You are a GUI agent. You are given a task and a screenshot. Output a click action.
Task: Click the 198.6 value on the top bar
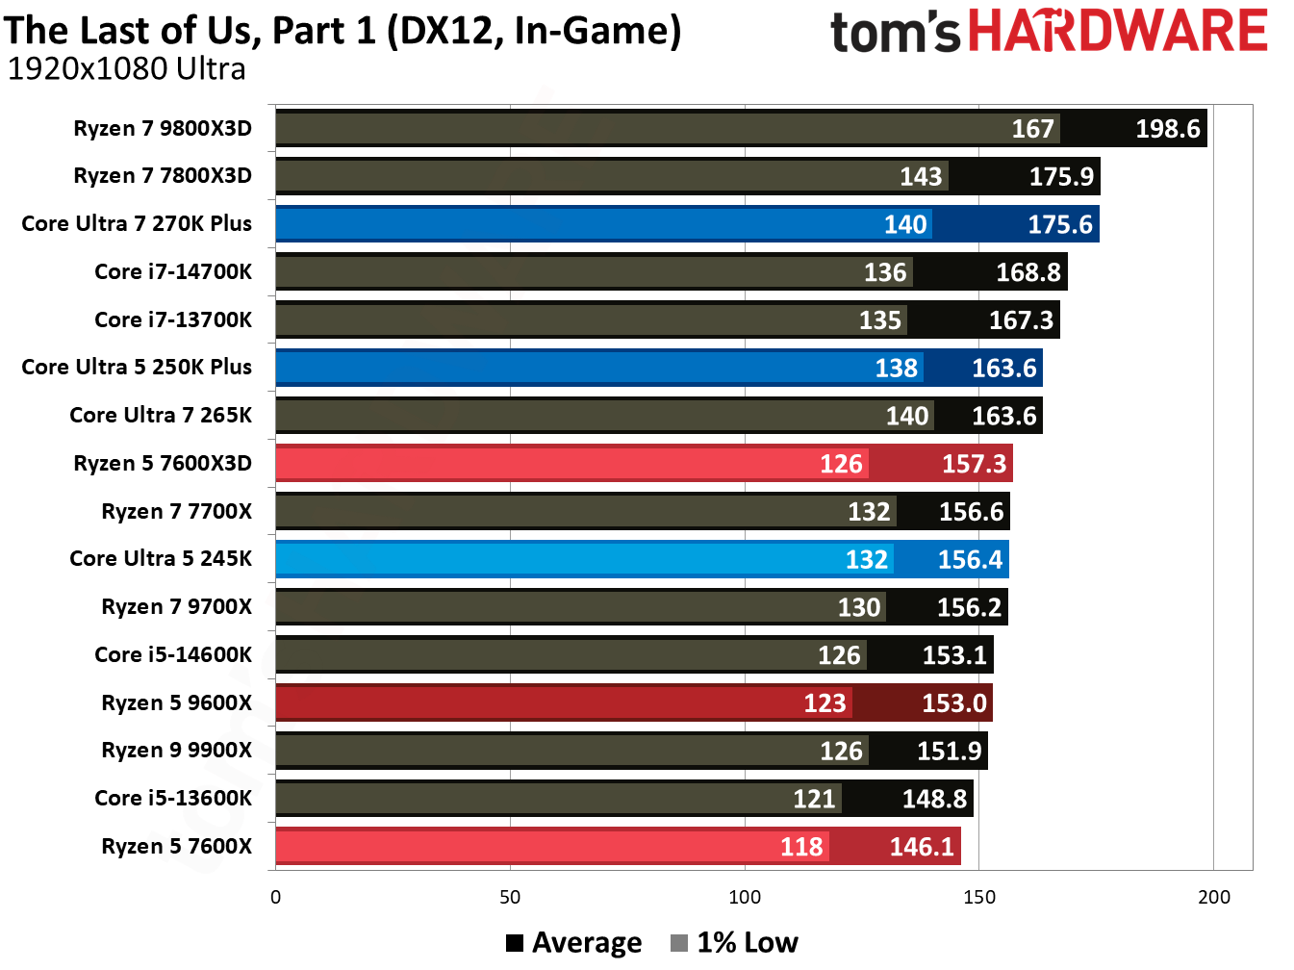[x=1167, y=129]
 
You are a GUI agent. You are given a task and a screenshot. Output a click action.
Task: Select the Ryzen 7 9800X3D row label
[x=163, y=129]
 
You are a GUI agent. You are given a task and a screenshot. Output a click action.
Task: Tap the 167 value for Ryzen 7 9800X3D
[x=1032, y=129]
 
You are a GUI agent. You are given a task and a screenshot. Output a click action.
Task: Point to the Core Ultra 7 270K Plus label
[x=137, y=224]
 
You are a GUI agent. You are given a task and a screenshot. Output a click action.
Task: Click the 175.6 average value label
[x=1059, y=224]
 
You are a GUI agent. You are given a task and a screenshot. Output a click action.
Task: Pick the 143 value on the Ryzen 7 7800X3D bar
[x=921, y=177]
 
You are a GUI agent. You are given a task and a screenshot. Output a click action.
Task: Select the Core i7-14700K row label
[x=173, y=272]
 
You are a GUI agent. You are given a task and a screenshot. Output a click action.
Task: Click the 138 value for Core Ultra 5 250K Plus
[x=896, y=369]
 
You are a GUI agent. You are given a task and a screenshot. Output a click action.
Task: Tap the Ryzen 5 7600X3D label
[x=163, y=464]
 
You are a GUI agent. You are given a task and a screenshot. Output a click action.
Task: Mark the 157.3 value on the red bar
[x=974, y=464]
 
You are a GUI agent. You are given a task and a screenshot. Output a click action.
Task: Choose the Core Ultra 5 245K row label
[x=161, y=559]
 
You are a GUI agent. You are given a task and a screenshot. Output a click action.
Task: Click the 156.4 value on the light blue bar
[x=970, y=560]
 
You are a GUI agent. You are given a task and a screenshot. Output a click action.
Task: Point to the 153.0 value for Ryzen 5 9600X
[x=953, y=703]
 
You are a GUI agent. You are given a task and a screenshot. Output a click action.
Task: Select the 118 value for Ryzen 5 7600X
[x=801, y=847]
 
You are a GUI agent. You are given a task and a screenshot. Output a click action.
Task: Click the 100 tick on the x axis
[x=745, y=898]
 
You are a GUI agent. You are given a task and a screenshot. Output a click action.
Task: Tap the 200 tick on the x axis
[x=1213, y=898]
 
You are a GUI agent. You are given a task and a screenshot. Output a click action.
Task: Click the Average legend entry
[x=574, y=943]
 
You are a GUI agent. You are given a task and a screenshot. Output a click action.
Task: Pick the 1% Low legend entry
[x=735, y=943]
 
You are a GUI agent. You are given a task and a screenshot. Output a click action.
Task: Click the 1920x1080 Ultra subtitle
[x=126, y=69]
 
